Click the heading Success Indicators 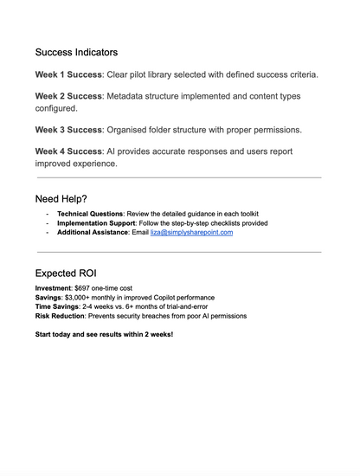76,52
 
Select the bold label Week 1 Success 68,74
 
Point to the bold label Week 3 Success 68,129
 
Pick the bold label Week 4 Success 68,151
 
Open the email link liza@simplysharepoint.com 191,232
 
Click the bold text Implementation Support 95,222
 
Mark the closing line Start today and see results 104,334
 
